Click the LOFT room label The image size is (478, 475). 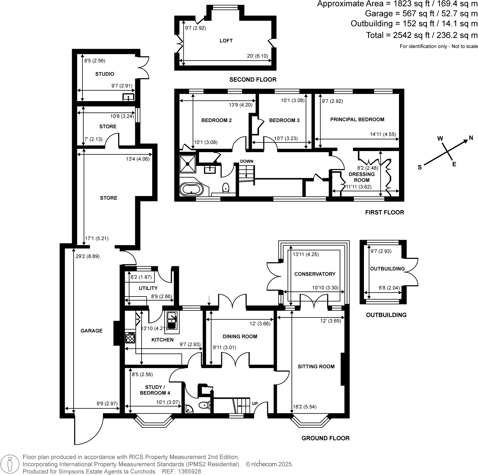tap(226, 41)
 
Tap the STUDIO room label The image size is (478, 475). tap(105, 74)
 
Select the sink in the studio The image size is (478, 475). tap(128, 97)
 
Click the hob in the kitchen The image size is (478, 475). tap(130, 337)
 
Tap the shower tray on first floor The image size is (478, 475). tap(188, 164)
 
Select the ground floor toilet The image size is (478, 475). tap(204, 405)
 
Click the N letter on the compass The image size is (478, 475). tap(471, 138)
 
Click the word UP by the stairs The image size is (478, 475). tap(255, 404)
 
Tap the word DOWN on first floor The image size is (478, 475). tap(247, 161)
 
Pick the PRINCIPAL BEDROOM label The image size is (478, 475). tap(357, 119)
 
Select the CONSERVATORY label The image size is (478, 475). tap(315, 274)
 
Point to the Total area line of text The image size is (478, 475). tap(421, 35)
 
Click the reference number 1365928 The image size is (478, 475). tap(190, 471)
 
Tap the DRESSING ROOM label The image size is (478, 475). tap(362, 177)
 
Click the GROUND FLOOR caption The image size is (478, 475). tap(325, 438)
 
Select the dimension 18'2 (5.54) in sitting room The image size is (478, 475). tap(304, 407)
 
